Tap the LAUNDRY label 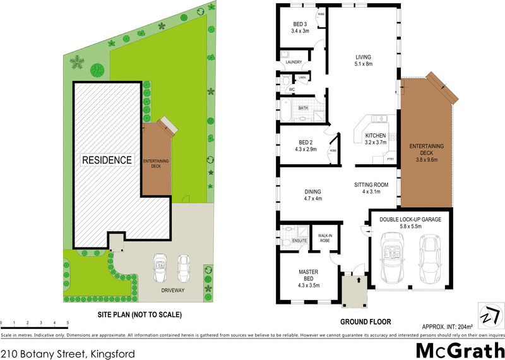click(x=294, y=62)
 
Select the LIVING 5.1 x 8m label click(x=363, y=59)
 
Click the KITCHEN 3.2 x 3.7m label click(x=376, y=140)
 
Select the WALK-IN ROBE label click(x=325, y=237)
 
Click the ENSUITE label click(x=299, y=241)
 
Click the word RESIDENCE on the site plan click(x=107, y=160)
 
